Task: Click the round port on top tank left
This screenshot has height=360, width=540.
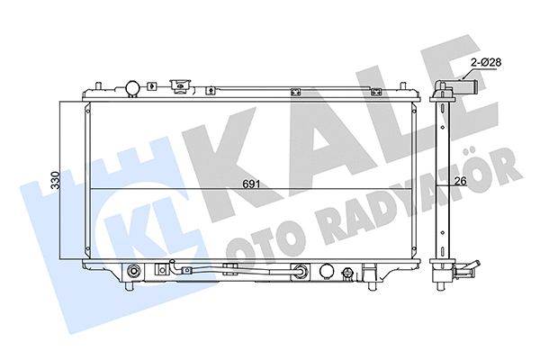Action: (131, 87)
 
